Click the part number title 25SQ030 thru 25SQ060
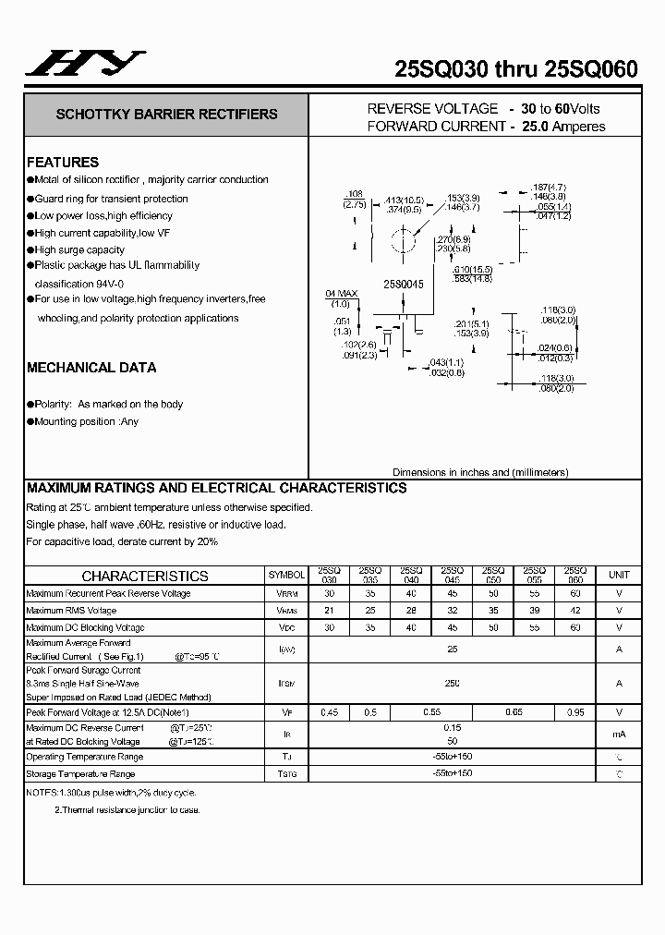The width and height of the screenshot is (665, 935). pyautogui.click(x=515, y=69)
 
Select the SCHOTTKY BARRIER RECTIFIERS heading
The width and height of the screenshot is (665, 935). pyautogui.click(x=166, y=115)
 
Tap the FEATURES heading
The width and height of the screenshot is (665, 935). pyautogui.click(x=63, y=162)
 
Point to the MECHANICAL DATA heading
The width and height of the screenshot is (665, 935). pyautogui.click(x=91, y=368)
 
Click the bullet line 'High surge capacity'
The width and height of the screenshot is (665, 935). pyautogui.click(x=79, y=249)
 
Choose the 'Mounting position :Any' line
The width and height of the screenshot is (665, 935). pyautogui.click(x=86, y=421)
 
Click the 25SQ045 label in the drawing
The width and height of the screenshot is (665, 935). pyautogui.click(x=404, y=285)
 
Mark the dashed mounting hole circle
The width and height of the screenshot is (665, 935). pyautogui.click(x=401, y=244)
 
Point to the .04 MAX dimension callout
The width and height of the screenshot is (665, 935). pyautogui.click(x=341, y=297)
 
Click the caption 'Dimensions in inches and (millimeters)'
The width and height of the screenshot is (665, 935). pyautogui.click(x=480, y=472)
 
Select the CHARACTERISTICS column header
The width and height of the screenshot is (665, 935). pyautogui.click(x=145, y=575)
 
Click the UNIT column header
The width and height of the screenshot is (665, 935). pyautogui.click(x=619, y=575)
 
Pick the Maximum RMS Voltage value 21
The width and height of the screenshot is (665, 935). pyautogui.click(x=329, y=611)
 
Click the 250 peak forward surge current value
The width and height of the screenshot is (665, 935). pyautogui.click(x=453, y=683)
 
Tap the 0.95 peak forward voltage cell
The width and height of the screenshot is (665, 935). pyautogui.click(x=574, y=712)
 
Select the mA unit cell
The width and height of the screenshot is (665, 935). pyautogui.click(x=619, y=734)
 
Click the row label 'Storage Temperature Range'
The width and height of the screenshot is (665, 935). pyautogui.click(x=80, y=773)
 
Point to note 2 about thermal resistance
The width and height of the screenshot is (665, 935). pyautogui.click(x=127, y=809)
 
